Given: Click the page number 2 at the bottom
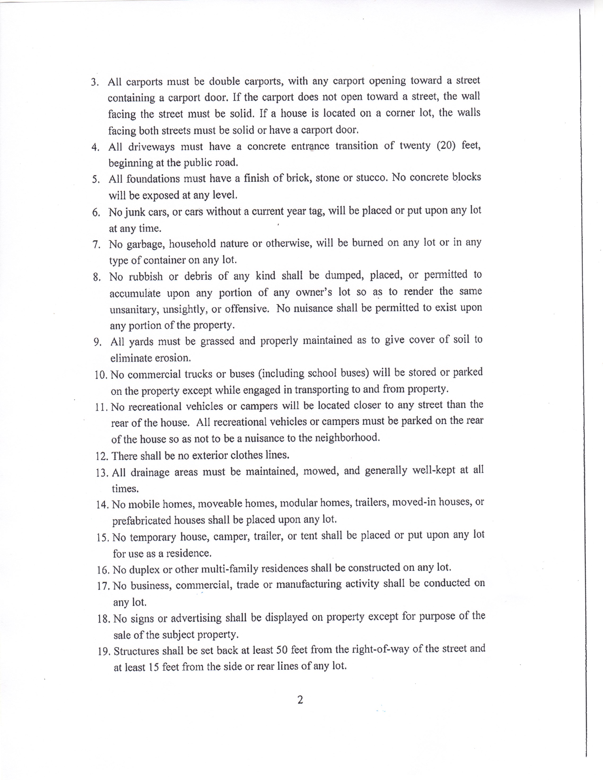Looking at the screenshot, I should (x=300, y=700).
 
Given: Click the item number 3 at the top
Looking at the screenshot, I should (x=94, y=82).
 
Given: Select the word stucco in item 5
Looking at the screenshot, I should (x=371, y=178).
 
